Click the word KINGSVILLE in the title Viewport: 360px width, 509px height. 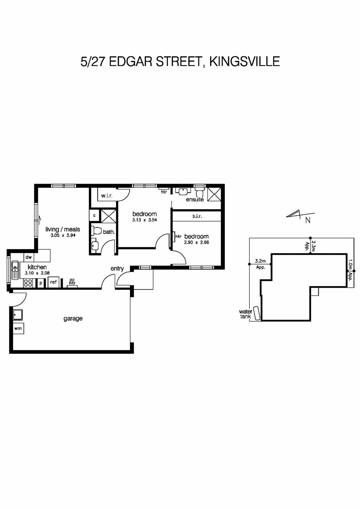coord(244,62)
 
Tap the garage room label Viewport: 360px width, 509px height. coord(73,319)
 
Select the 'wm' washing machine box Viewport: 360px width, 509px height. coord(18,328)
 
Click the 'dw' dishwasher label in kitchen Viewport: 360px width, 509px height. coord(28,257)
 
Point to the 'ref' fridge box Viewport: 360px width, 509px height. coord(53,282)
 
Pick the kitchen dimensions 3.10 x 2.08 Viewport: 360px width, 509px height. coord(37,273)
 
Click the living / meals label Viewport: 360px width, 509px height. coord(63,229)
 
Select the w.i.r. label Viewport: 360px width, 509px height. coord(107,196)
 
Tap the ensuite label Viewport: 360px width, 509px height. coord(195,200)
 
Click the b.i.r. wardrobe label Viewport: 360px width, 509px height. coord(197,216)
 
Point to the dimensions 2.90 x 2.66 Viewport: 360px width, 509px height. coord(197,242)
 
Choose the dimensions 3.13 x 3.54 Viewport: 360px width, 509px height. coord(144,220)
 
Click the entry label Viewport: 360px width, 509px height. coord(117,268)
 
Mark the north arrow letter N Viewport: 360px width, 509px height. coord(308,221)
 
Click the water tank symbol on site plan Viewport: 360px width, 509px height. coord(257,313)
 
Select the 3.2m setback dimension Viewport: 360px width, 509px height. coord(260,261)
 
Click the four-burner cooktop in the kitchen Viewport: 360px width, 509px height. coord(28,283)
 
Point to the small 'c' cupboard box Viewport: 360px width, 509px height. coord(94,216)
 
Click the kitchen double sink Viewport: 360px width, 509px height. coord(15,270)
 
